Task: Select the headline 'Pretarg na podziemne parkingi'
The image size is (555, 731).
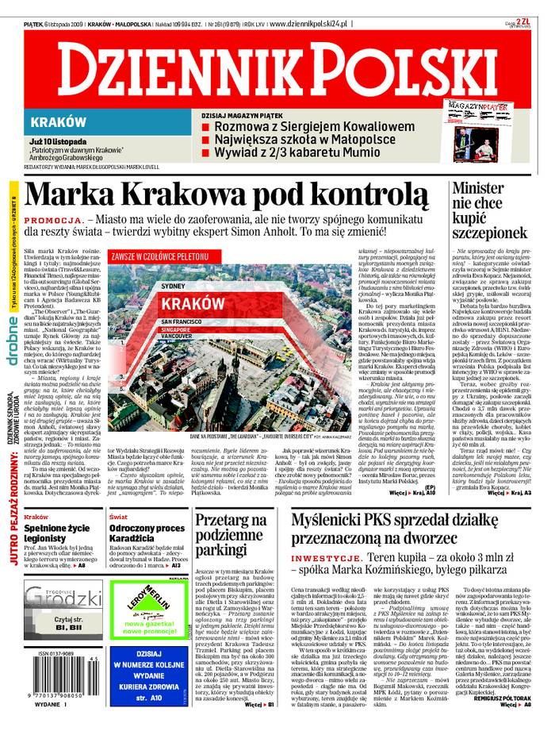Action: coord(228,536)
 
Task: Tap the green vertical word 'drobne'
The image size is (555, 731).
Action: coord(13,317)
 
